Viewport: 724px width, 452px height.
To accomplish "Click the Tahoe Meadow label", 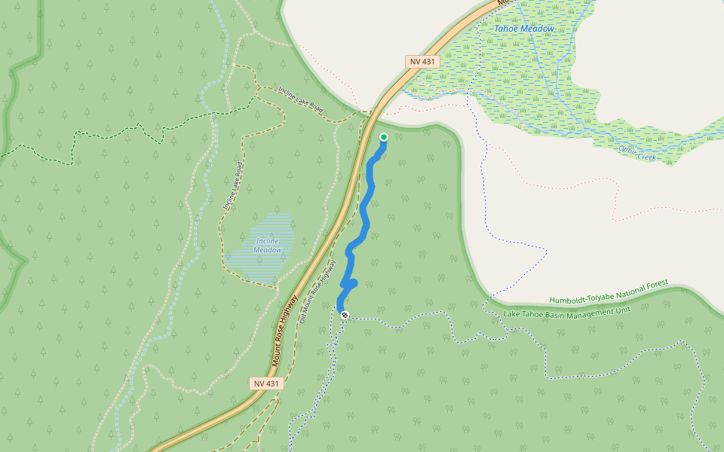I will (x=523, y=29).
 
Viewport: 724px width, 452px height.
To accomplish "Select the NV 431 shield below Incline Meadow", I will (x=266, y=383).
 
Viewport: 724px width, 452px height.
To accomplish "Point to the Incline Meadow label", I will (x=268, y=246).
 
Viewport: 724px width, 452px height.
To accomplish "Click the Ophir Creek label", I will (x=637, y=154).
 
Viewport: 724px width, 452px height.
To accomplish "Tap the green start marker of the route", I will (x=383, y=137).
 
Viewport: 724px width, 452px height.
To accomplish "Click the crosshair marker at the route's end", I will (x=345, y=315).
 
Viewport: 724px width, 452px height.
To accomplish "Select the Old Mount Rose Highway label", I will (x=317, y=292).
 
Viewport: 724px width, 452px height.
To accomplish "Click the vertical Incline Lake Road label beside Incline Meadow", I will (x=232, y=185).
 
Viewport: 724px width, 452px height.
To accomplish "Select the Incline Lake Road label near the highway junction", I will (x=300, y=101).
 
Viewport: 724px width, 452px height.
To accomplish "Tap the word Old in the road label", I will (x=302, y=316).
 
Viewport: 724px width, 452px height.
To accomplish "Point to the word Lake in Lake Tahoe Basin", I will (x=513, y=314).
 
